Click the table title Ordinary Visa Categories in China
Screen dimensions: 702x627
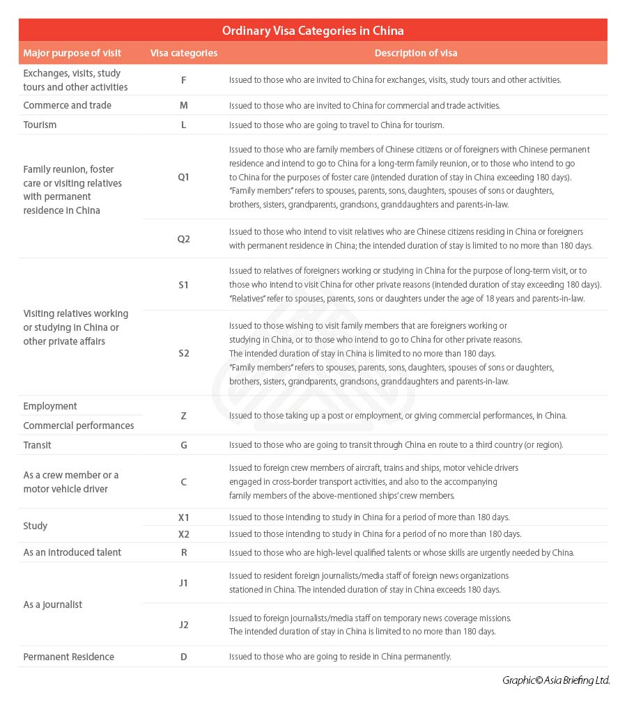tap(313, 31)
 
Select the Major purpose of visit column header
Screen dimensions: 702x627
tap(72, 53)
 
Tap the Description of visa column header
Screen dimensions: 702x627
tap(416, 53)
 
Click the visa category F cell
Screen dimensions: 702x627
tap(184, 80)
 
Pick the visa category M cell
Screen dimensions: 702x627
tap(184, 105)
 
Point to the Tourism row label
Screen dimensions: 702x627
tap(40, 125)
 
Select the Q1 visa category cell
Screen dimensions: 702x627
tap(184, 177)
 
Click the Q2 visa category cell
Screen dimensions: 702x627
tap(184, 239)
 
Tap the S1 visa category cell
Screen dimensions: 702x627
tap(184, 285)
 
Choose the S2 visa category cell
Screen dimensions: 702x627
tap(184, 353)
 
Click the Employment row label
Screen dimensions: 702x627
tap(50, 406)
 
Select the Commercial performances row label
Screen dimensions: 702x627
tap(79, 426)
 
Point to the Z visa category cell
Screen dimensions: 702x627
tap(184, 416)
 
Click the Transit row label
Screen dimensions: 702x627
tap(37, 445)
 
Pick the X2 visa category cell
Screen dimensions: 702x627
tap(184, 534)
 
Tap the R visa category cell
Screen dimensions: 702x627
tap(184, 552)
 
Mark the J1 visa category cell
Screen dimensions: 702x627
tap(184, 583)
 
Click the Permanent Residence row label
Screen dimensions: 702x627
tap(68, 657)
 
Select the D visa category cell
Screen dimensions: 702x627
tap(184, 657)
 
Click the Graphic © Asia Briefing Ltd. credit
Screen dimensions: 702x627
tap(556, 680)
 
